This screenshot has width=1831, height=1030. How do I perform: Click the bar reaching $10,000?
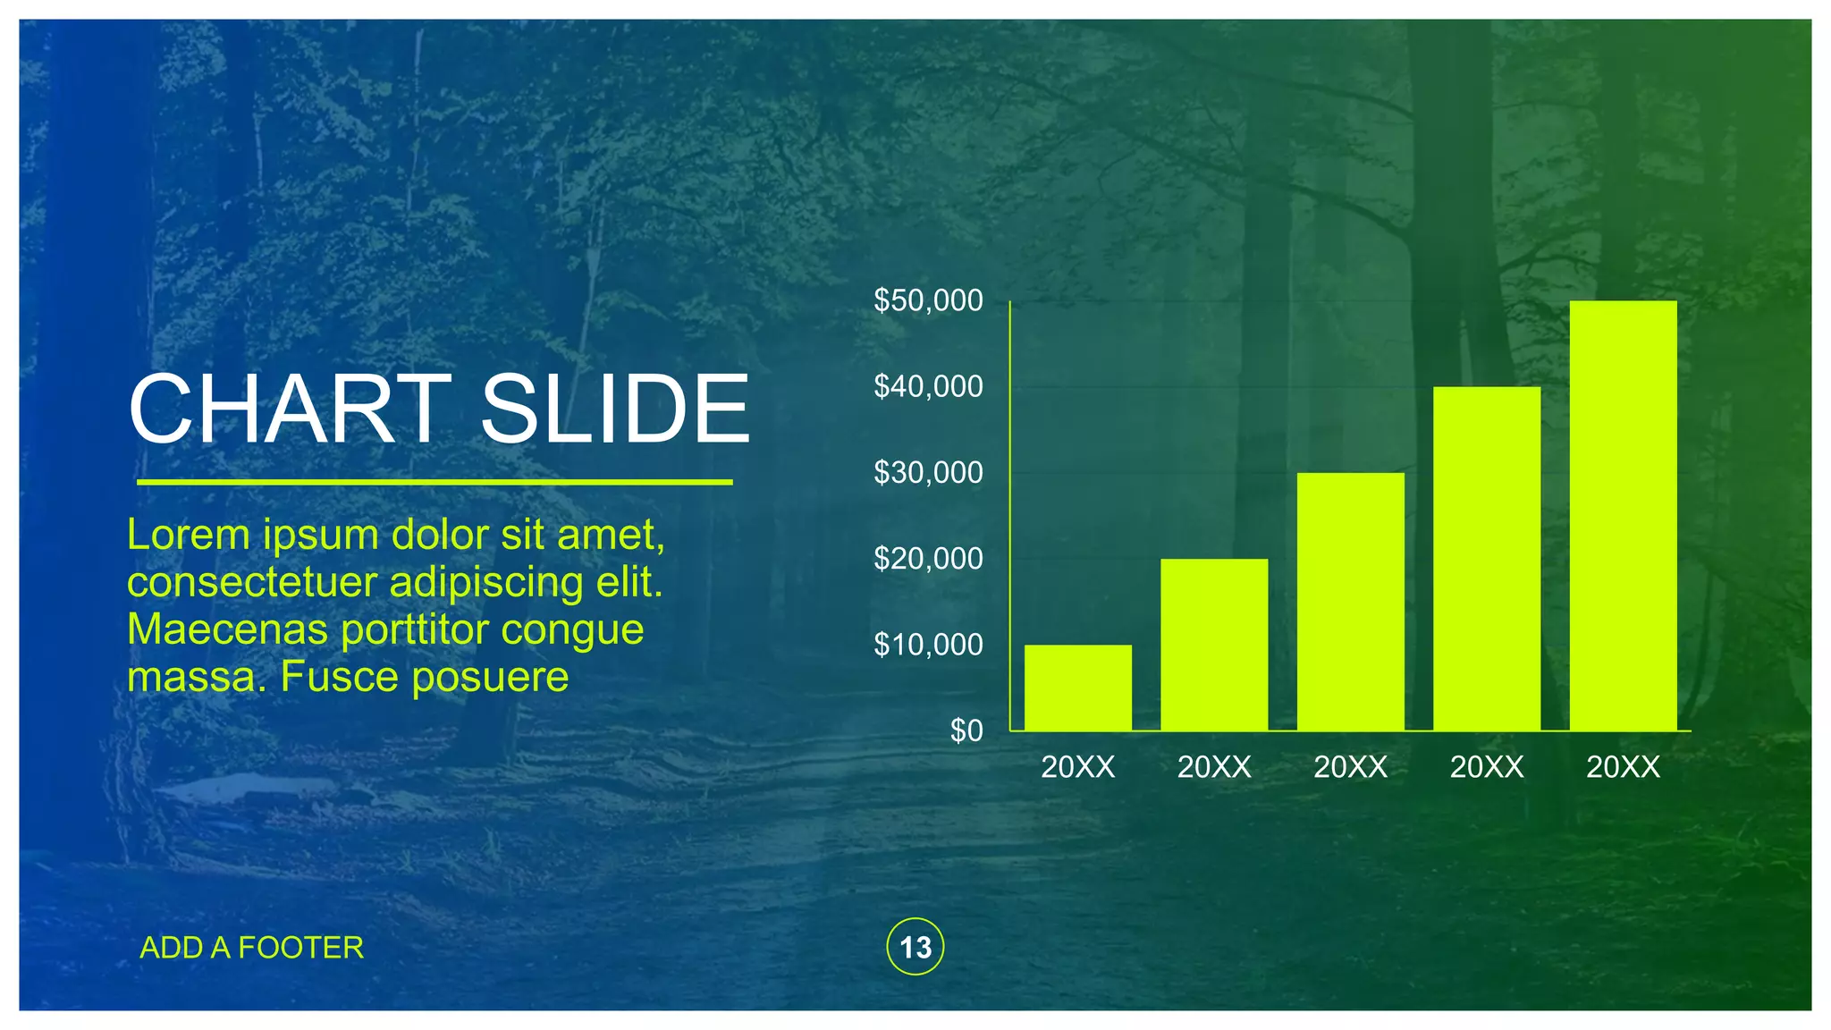(x=1077, y=688)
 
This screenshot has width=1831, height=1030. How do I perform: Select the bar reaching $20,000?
(x=1214, y=645)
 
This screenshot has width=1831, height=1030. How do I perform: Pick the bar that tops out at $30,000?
(x=1350, y=602)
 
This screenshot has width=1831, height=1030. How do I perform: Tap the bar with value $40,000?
(x=1487, y=559)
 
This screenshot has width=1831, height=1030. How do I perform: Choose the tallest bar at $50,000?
(x=1623, y=516)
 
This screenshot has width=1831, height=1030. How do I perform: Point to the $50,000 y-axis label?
(x=928, y=300)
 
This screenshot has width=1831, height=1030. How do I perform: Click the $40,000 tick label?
(x=928, y=386)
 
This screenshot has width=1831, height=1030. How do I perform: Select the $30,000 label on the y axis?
(x=928, y=472)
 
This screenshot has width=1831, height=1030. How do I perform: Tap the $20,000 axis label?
(x=928, y=559)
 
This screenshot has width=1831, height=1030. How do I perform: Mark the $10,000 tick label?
(x=928, y=645)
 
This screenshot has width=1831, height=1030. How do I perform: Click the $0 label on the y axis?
(x=966, y=730)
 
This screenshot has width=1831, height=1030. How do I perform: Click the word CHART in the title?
(x=290, y=409)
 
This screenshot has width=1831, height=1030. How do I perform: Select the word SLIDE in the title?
(x=615, y=409)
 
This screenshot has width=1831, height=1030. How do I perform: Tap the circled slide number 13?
(x=915, y=947)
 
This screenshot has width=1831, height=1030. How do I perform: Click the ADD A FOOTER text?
(x=252, y=948)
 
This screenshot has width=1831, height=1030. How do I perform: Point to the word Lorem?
(x=189, y=535)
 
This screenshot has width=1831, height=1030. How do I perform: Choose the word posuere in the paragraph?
(x=490, y=678)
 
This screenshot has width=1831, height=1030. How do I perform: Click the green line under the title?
(x=435, y=482)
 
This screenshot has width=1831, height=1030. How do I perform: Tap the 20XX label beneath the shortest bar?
(x=1077, y=767)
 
